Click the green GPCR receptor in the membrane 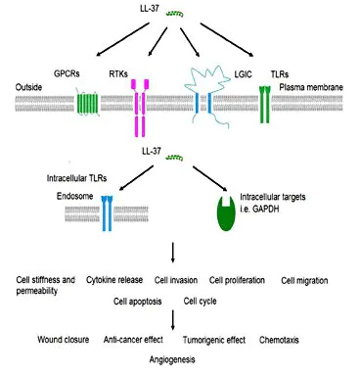(88, 102)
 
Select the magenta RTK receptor (140, 108)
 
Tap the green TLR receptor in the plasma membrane (265, 105)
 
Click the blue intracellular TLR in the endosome (107, 213)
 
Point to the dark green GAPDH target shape (226, 214)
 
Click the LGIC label (243, 74)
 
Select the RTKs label (118, 74)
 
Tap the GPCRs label (67, 73)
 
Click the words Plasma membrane (311, 87)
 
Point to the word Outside (28, 87)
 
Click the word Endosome (74, 196)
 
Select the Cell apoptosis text (137, 302)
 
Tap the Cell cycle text (200, 301)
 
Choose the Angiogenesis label (172, 359)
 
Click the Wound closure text (64, 340)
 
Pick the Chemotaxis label (279, 340)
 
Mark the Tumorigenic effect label (214, 340)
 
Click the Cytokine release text (114, 280)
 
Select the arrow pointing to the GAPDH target (210, 179)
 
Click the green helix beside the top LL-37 (175, 14)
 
